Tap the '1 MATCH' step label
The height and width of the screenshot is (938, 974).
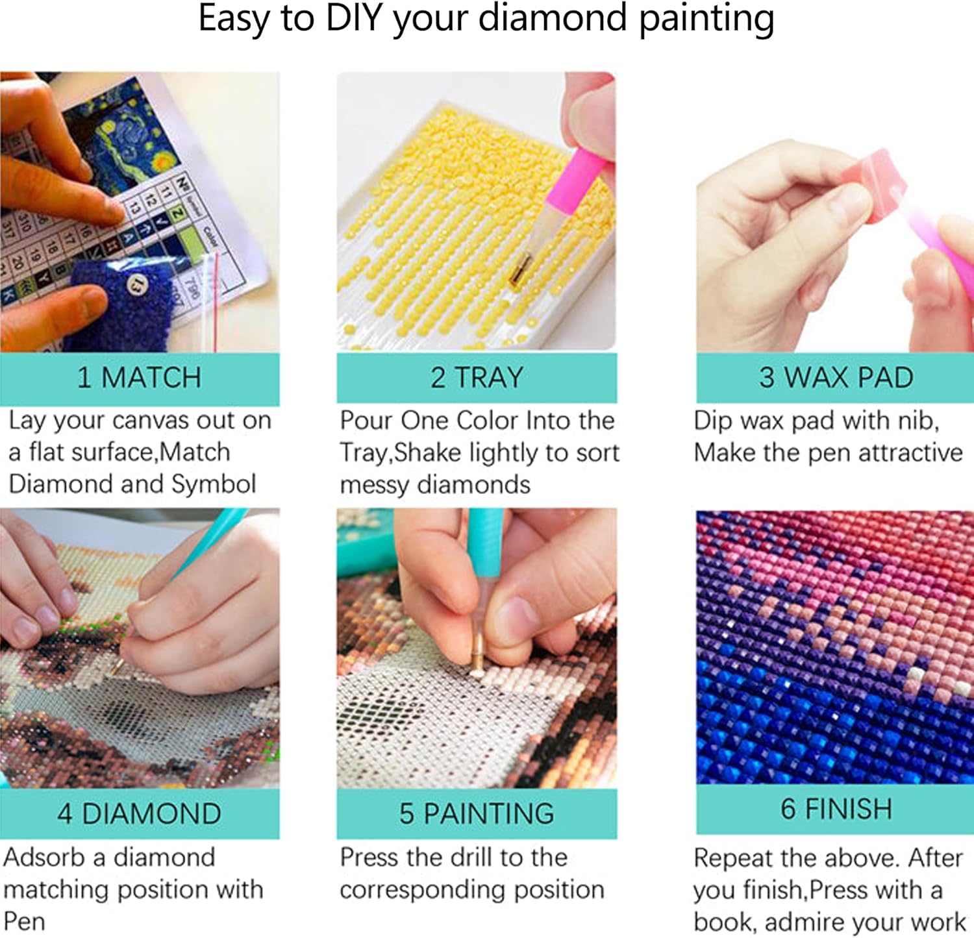click(139, 378)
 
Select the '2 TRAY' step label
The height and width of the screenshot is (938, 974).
click(477, 378)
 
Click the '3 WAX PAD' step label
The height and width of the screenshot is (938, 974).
click(836, 378)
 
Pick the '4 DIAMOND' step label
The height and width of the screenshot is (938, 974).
click(139, 814)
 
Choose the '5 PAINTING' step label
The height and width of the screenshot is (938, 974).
click(477, 814)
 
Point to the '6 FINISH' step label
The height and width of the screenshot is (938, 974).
click(836, 809)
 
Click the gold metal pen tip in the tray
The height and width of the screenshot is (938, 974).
click(520, 269)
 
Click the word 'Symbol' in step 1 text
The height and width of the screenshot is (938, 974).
click(214, 484)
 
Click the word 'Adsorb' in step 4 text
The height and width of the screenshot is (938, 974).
click(44, 858)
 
